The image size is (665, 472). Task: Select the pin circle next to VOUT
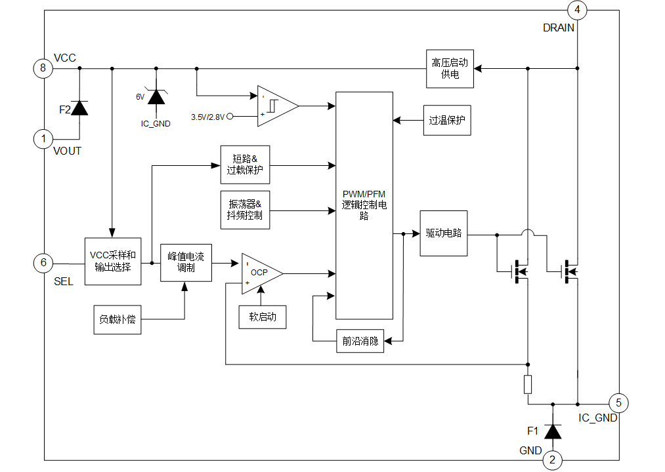(x=43, y=140)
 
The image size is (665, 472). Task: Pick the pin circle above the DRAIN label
(x=578, y=9)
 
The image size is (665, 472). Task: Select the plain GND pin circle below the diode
(x=552, y=461)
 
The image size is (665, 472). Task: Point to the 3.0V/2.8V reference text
(x=211, y=117)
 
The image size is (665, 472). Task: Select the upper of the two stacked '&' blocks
(x=245, y=163)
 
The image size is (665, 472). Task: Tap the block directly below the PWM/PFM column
(x=360, y=341)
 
